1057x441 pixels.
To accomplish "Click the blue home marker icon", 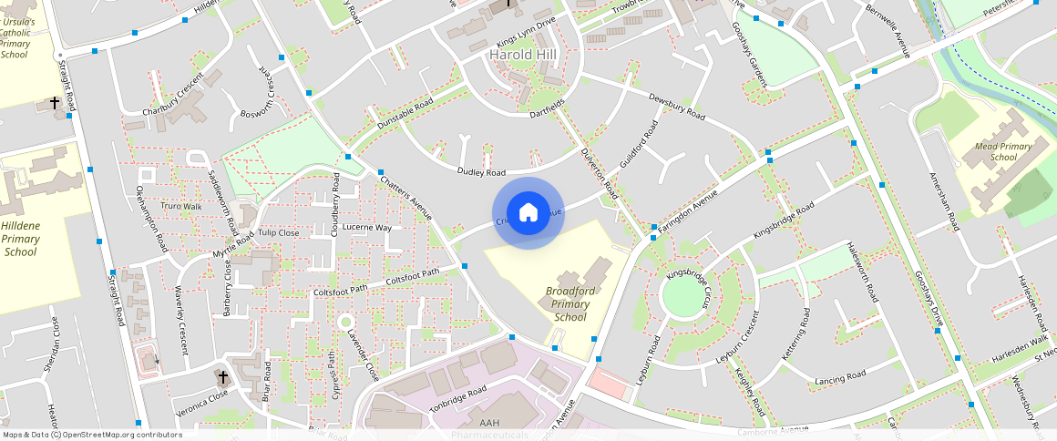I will click(528, 213).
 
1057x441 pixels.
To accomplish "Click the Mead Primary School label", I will click(1002, 151).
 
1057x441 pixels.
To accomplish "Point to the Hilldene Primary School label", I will click(21, 239).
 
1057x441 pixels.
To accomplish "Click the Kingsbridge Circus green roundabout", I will click(684, 296).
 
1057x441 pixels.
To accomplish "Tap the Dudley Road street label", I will click(481, 172).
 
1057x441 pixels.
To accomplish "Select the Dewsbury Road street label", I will click(677, 106).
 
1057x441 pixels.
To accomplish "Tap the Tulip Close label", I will click(278, 232).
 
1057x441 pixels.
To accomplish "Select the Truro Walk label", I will click(180, 206).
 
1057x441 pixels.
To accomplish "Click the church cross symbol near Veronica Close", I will click(221, 375).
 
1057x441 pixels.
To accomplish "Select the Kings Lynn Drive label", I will click(526, 35).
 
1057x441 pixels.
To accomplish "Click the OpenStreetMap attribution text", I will click(91, 435).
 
